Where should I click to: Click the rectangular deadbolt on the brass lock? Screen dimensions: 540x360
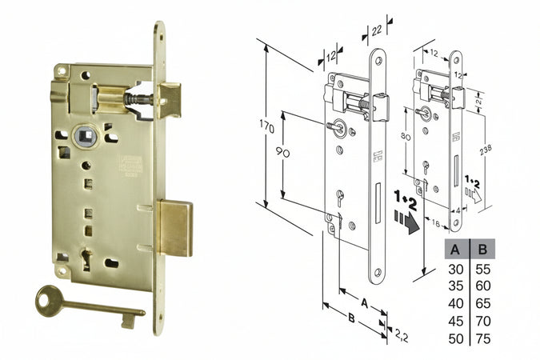[175, 229]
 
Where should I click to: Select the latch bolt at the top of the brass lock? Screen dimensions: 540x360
[170, 100]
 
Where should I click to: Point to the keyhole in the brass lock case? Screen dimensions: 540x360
[86, 259]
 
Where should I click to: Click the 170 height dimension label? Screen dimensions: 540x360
[267, 128]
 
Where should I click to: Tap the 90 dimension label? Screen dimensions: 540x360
[283, 153]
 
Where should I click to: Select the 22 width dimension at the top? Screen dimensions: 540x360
[377, 30]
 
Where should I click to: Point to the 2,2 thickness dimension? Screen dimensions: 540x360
[402, 335]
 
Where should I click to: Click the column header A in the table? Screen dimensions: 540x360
[455, 249]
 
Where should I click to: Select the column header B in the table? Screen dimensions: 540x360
[483, 249]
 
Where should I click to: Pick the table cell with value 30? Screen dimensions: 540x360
[456, 269]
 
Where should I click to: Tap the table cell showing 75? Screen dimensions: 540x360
[483, 338]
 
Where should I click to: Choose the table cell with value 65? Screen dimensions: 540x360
[483, 303]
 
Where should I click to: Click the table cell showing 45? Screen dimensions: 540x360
[456, 321]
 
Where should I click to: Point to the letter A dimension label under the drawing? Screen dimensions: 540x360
[365, 303]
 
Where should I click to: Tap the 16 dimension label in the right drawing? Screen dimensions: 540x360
[436, 224]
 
